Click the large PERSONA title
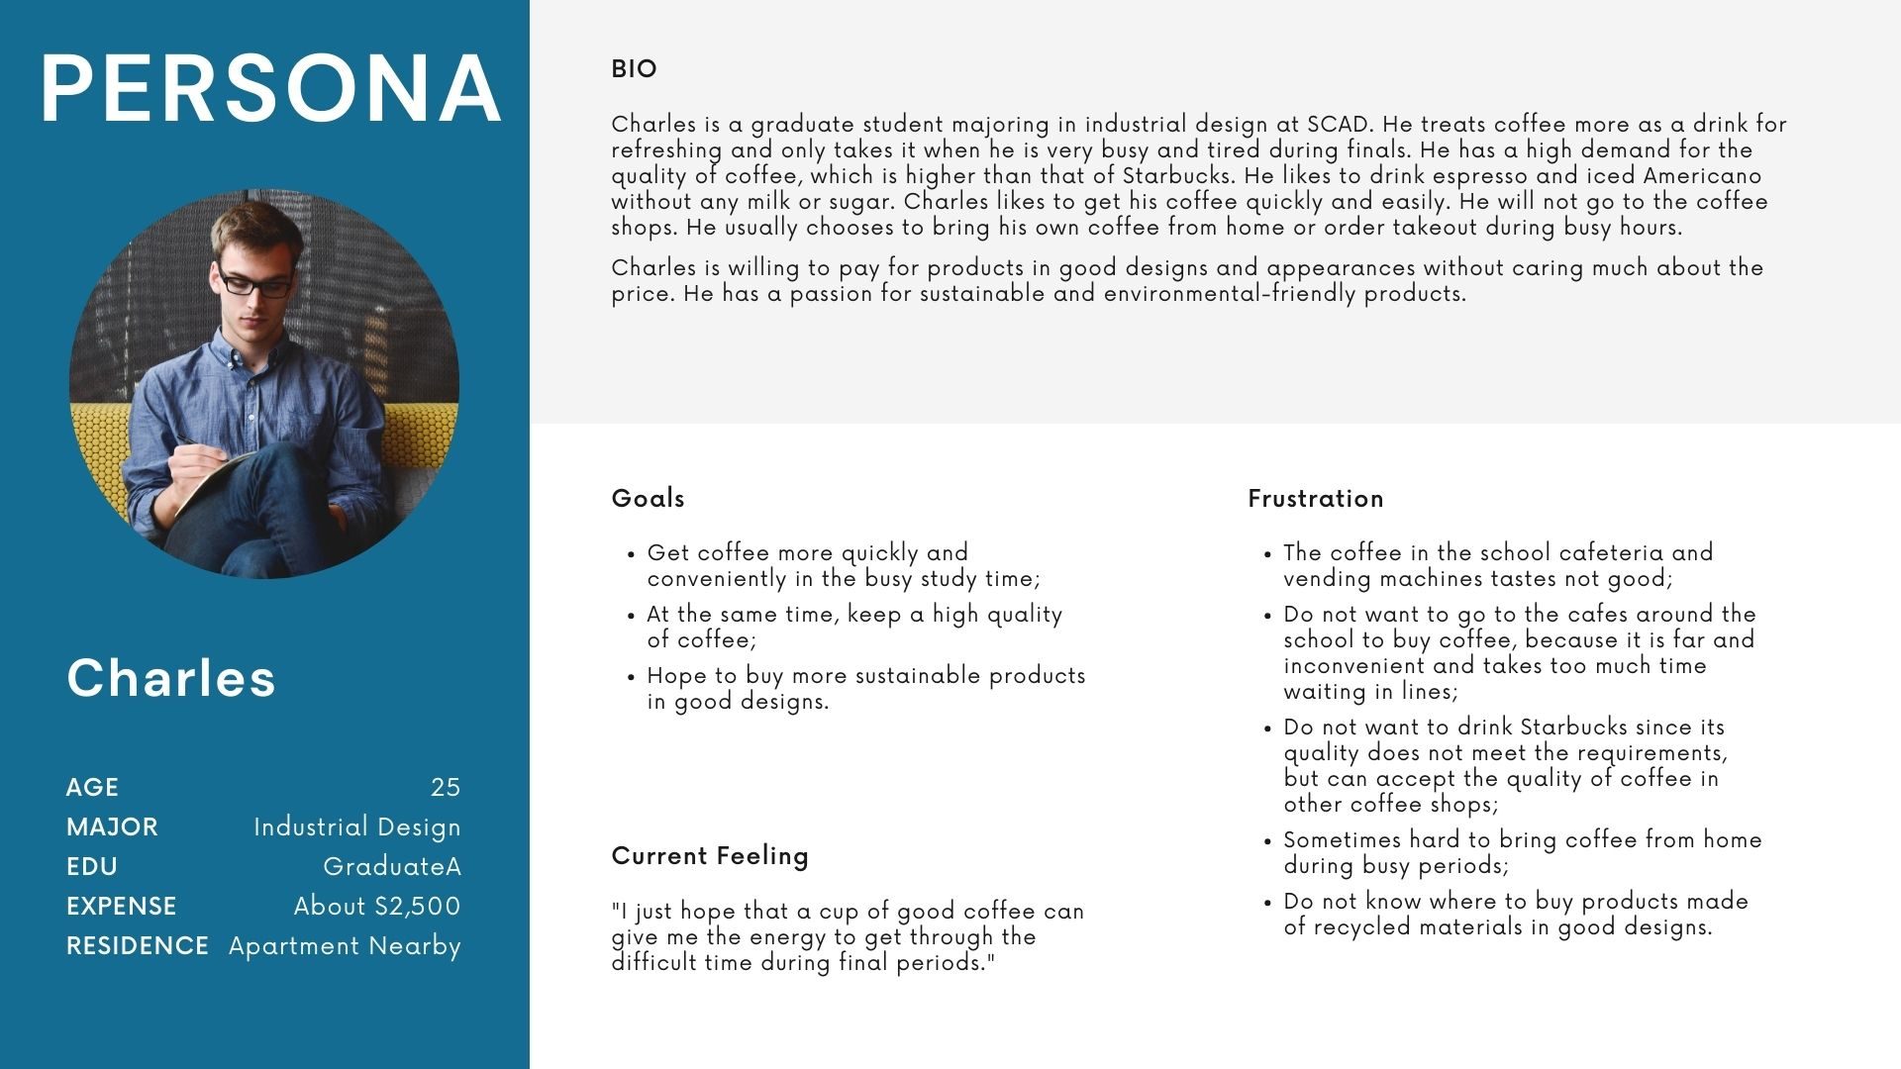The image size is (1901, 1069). point(270,89)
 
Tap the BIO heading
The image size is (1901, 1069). point(634,69)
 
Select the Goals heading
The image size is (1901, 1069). point(648,498)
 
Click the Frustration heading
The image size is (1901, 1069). point(1315,498)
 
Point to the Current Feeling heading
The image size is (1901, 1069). point(709,856)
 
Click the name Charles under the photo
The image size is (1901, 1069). point(171,678)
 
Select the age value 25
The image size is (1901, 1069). point(446,787)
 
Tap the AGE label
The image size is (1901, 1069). point(92,787)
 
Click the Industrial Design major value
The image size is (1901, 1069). point(356,826)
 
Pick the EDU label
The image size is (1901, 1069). point(92,866)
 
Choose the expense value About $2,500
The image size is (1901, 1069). point(376,906)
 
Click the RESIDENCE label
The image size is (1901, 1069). point(137,945)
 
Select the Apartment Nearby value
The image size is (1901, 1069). point(345,946)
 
